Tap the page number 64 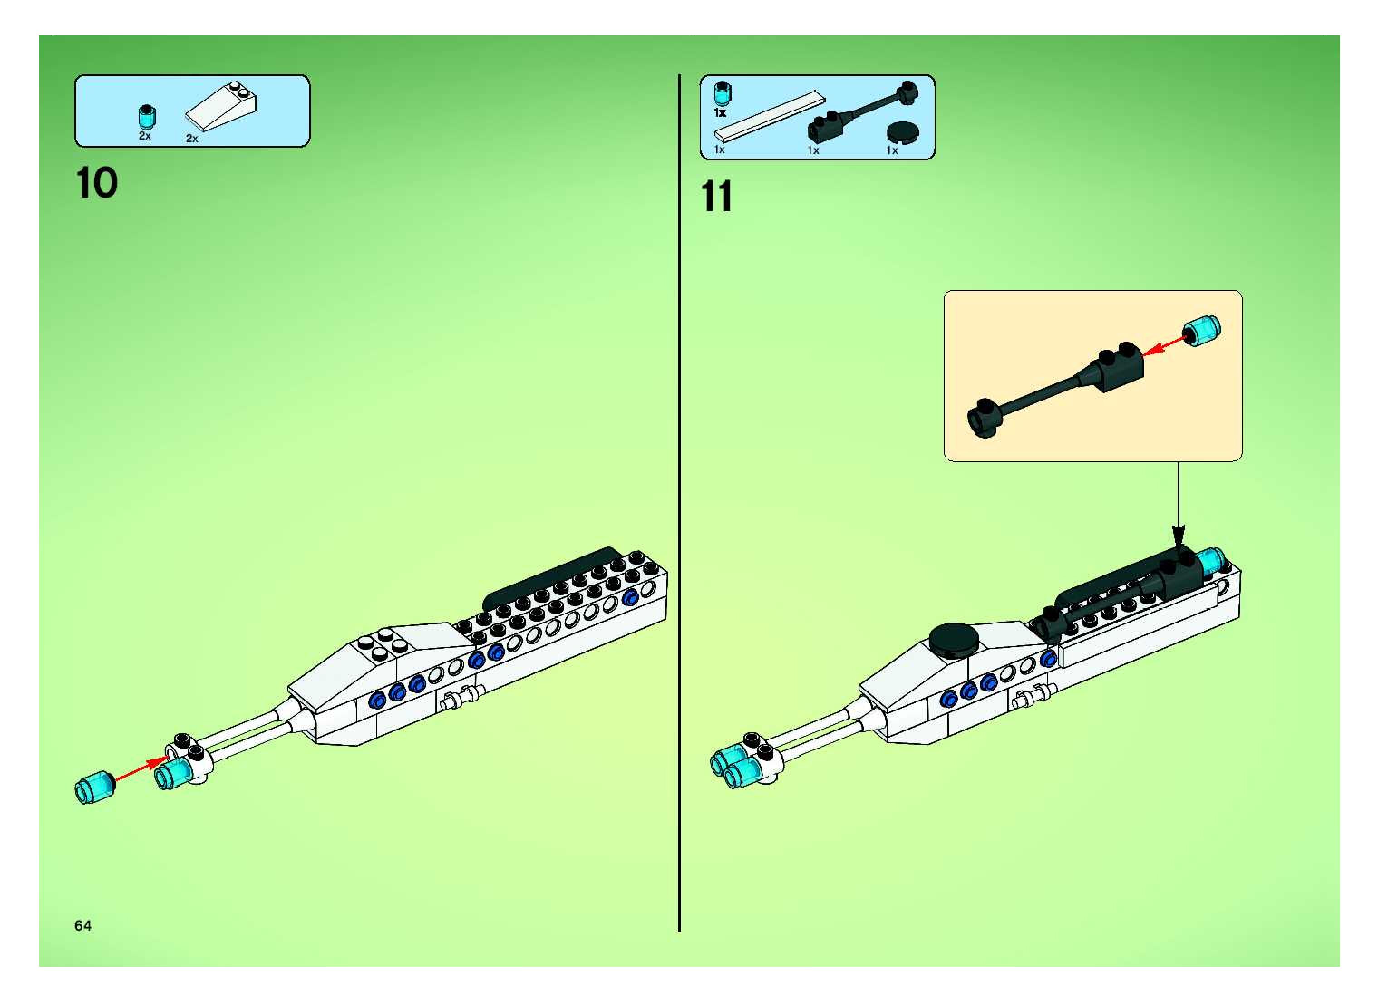click(x=83, y=925)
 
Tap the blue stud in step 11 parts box click(x=722, y=92)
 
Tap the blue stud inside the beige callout click(x=1202, y=331)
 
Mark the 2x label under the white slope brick click(x=192, y=139)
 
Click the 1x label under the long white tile click(x=719, y=150)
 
